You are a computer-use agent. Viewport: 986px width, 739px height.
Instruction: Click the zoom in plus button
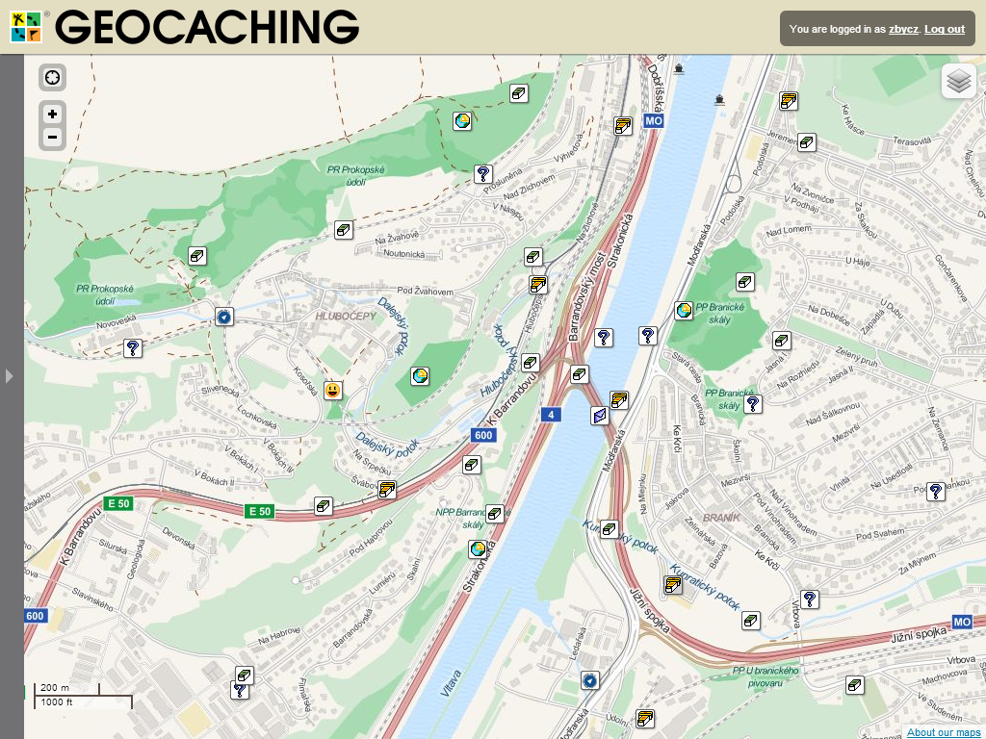pyautogui.click(x=52, y=114)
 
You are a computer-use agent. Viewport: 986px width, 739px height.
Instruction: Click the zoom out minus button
pyautogui.click(x=52, y=138)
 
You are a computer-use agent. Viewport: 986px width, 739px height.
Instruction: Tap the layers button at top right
pyautogui.click(x=958, y=82)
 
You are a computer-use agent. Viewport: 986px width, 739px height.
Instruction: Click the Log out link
pyautogui.click(x=944, y=29)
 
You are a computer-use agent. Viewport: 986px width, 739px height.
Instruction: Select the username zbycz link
pyautogui.click(x=903, y=29)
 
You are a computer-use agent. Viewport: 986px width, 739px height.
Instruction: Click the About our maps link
pyautogui.click(x=944, y=732)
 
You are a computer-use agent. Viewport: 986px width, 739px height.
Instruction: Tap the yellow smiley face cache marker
pyautogui.click(x=333, y=390)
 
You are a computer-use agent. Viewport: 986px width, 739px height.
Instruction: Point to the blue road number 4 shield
pyautogui.click(x=551, y=415)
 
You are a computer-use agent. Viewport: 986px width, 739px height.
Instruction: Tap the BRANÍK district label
pyautogui.click(x=721, y=518)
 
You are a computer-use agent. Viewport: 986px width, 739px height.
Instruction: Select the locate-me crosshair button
pyautogui.click(x=52, y=78)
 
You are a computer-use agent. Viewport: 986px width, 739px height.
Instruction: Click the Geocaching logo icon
pyautogui.click(x=27, y=27)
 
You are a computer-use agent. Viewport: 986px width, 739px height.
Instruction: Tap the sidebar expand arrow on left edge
pyautogui.click(x=10, y=375)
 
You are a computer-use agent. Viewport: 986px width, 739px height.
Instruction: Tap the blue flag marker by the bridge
pyautogui.click(x=599, y=416)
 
